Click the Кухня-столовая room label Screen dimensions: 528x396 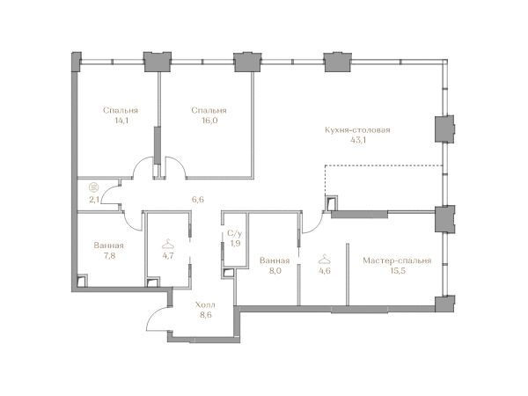click(x=357, y=130)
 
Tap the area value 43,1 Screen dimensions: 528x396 click(x=358, y=141)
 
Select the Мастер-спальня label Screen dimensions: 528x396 click(x=397, y=260)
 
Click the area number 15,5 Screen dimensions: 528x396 click(x=398, y=271)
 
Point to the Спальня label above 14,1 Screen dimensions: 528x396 click(x=121, y=111)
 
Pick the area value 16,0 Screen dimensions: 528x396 click(x=209, y=121)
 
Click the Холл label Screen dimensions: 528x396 click(x=205, y=305)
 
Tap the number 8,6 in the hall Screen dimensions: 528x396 click(x=205, y=315)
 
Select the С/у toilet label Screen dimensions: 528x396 click(x=235, y=233)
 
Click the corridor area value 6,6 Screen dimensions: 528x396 click(x=198, y=200)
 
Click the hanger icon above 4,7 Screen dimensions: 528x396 click(x=168, y=244)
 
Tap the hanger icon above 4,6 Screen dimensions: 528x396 click(x=324, y=259)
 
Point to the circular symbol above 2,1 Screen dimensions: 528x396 click(x=94, y=187)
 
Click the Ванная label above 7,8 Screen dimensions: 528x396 click(x=109, y=246)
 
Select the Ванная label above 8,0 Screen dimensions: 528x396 click(x=275, y=260)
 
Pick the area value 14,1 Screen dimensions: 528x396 click(x=121, y=121)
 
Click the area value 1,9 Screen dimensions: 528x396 click(x=235, y=243)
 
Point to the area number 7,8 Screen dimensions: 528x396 click(x=109, y=256)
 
